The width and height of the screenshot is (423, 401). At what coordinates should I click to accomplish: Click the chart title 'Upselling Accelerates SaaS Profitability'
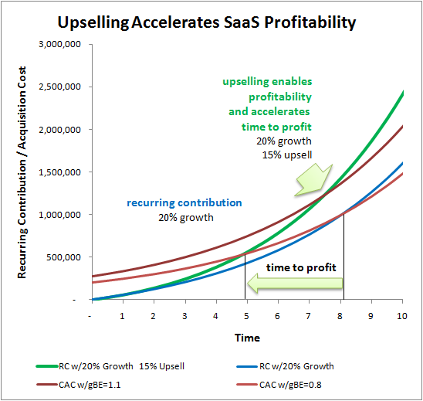[x=207, y=22]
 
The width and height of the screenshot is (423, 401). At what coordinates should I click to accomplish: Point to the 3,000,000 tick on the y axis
[x=59, y=44]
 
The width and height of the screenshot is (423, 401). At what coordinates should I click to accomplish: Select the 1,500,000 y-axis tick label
[x=59, y=172]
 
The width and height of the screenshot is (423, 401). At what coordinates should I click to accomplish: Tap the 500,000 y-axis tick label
[x=63, y=257]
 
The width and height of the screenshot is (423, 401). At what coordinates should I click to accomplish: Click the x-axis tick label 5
[x=246, y=316]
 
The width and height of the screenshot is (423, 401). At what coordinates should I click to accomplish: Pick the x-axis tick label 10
[x=401, y=316]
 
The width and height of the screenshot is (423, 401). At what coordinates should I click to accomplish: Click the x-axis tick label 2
[x=153, y=316]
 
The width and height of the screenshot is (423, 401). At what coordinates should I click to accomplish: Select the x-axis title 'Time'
[x=247, y=338]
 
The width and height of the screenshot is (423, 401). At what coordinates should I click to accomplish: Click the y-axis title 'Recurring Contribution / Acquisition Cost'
[x=22, y=172]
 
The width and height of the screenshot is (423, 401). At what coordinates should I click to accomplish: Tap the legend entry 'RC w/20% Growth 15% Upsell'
[x=110, y=366]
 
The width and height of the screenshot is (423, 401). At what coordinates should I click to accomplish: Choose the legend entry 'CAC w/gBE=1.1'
[x=79, y=385]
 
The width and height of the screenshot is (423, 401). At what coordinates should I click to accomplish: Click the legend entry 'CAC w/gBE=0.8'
[x=279, y=385]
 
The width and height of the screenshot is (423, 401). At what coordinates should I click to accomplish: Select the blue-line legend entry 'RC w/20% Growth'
[x=285, y=366]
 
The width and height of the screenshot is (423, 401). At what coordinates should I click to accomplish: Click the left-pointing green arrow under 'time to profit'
[x=295, y=284]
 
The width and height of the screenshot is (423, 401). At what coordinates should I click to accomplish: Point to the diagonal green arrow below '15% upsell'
[x=314, y=179]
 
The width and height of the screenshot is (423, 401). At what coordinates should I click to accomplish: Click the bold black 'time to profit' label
[x=301, y=267]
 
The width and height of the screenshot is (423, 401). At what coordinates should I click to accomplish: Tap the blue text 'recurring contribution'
[x=184, y=202]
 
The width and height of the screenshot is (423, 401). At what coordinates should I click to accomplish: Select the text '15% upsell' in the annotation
[x=287, y=155]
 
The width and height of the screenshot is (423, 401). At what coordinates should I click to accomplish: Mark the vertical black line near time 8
[x=343, y=257]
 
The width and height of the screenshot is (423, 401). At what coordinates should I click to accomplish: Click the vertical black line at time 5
[x=245, y=277]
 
